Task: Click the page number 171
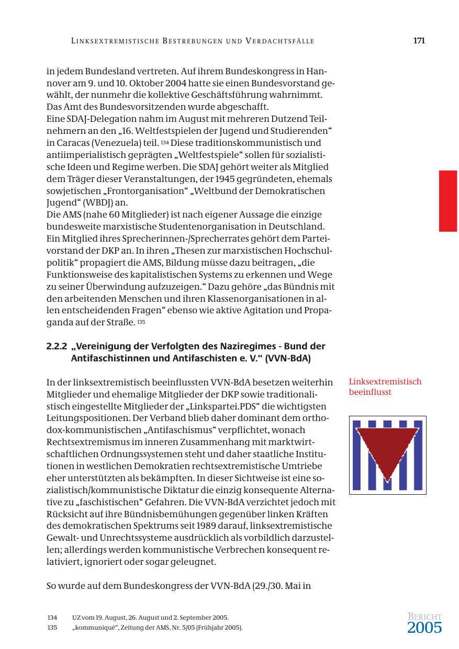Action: pyautogui.click(x=418, y=40)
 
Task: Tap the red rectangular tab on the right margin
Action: pyautogui.click(x=447, y=201)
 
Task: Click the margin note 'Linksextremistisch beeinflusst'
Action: pyautogui.click(x=385, y=386)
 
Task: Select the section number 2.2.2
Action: pyautogui.click(x=57, y=346)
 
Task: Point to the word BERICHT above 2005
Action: pyautogui.click(x=424, y=617)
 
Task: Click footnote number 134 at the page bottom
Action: pyautogui.click(x=52, y=618)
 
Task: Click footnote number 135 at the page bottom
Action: pyautogui.click(x=52, y=627)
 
